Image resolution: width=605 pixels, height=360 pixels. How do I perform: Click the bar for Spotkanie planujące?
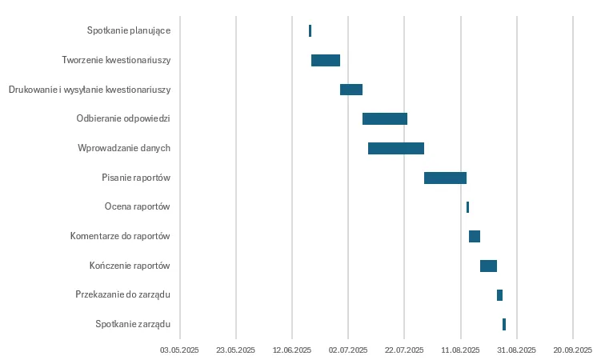[x=310, y=30]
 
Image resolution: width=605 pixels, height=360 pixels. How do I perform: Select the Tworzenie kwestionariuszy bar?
[x=326, y=60]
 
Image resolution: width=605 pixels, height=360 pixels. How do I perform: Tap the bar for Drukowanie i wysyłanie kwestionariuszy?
[x=351, y=90]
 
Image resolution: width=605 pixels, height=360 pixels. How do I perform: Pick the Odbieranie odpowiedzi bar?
[x=385, y=118]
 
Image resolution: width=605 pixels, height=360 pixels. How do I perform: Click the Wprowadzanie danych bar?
[x=396, y=148]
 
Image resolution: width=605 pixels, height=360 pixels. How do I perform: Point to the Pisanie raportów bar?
[x=445, y=178]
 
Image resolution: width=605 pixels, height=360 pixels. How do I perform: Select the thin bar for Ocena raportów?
[x=467, y=207]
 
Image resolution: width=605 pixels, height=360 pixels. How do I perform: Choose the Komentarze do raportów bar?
[x=475, y=236]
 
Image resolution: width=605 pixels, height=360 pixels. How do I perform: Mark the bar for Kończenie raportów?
[x=488, y=266]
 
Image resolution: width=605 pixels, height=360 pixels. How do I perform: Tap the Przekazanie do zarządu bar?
[x=499, y=295]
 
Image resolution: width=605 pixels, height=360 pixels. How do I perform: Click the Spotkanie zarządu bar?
[x=504, y=324]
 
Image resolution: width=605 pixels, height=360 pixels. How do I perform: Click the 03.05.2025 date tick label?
[x=180, y=350]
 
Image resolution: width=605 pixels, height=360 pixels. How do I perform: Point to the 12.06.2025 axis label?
[x=292, y=350]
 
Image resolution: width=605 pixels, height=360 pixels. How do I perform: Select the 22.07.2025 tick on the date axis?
[x=404, y=350]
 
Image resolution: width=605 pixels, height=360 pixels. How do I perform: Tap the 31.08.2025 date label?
[x=517, y=350]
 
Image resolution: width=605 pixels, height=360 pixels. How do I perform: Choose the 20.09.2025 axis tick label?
[x=573, y=350]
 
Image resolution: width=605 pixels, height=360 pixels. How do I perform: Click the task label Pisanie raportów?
[x=136, y=178]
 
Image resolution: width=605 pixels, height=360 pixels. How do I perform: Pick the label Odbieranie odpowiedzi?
[x=123, y=118]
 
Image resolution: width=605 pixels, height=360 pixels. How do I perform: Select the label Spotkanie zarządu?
[x=133, y=324]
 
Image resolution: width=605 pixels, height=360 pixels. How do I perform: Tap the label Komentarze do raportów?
[x=120, y=236]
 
